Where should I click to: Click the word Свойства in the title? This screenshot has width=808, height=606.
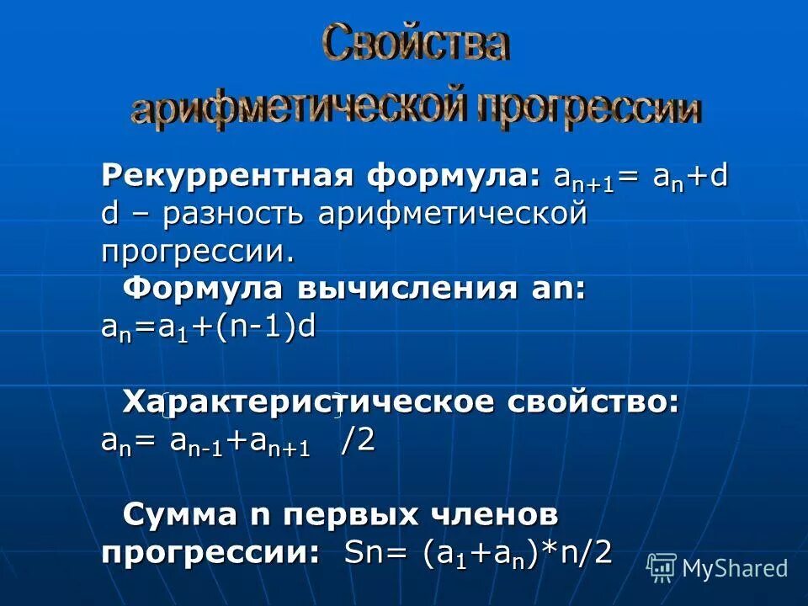pos(415,44)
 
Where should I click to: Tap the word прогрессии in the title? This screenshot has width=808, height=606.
pos(588,107)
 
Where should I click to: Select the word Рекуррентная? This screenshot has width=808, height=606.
pos(226,178)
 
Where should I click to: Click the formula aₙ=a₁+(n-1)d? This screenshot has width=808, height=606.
pos(208,327)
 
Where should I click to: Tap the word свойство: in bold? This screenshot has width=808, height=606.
pos(593,402)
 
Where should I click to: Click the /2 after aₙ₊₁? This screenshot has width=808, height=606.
pos(357,441)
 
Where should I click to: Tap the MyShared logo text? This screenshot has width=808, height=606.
pos(735,568)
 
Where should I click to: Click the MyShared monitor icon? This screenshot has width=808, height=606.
pos(662,567)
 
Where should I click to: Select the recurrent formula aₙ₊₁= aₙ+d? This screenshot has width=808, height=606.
pos(641,179)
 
